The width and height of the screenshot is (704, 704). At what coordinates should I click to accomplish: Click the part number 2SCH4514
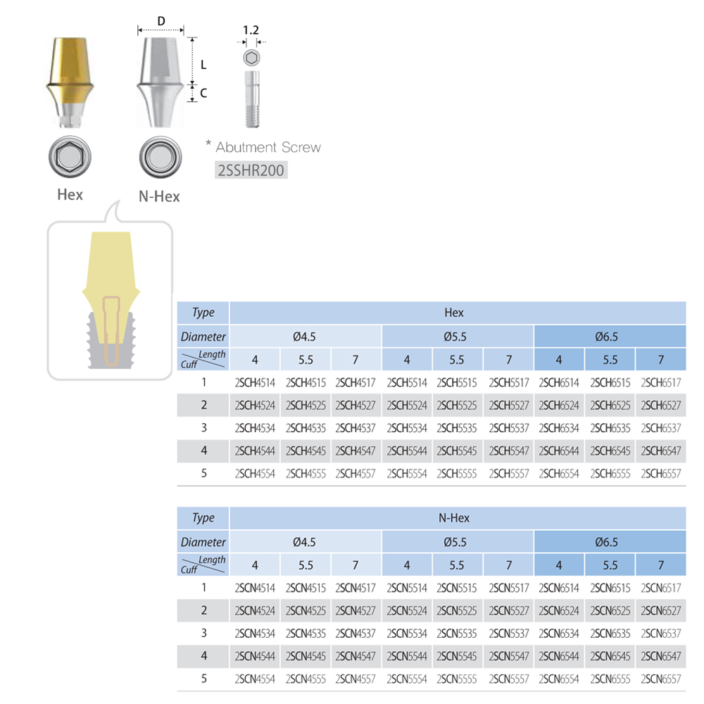(x=255, y=382)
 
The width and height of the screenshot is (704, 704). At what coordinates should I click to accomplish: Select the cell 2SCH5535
(x=457, y=428)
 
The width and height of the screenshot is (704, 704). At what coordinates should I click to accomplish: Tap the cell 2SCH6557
(x=660, y=474)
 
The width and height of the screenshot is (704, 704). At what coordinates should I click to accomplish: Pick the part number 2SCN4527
(x=355, y=610)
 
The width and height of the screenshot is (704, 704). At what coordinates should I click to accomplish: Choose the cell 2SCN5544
(x=407, y=656)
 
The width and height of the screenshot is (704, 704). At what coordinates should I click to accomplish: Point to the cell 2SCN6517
(x=660, y=588)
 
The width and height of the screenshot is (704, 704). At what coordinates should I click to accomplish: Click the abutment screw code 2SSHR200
(x=251, y=170)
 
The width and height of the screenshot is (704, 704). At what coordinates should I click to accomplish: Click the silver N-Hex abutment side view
(x=161, y=82)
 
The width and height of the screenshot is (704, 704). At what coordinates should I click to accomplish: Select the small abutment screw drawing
(x=252, y=99)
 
